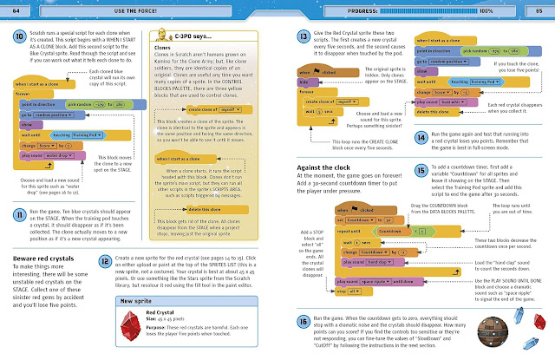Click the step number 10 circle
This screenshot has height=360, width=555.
[18, 39]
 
